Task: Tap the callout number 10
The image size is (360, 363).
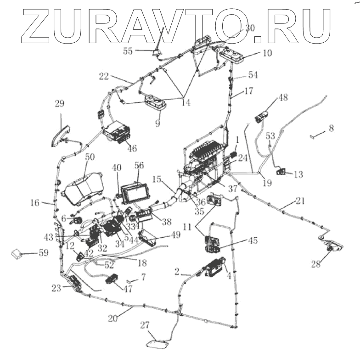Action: pyautogui.click(x=267, y=53)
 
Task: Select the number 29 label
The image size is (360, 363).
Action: pyautogui.click(x=60, y=104)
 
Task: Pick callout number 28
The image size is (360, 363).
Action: pyautogui.click(x=316, y=264)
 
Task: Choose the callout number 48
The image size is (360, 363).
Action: pyautogui.click(x=283, y=98)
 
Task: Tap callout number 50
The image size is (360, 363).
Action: pyautogui.click(x=90, y=157)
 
